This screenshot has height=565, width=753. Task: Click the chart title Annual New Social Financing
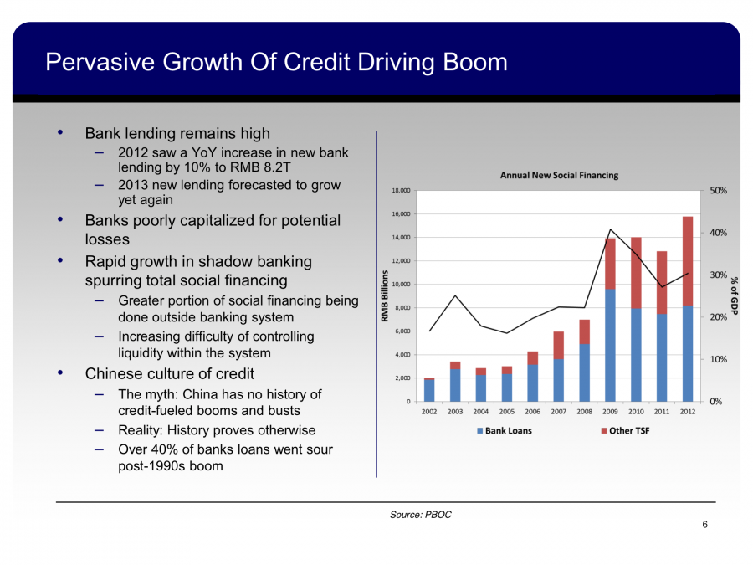pyautogui.click(x=559, y=175)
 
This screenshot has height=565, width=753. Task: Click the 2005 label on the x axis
pyautogui.click(x=506, y=411)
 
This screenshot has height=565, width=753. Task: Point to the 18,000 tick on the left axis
pyautogui.click(x=400, y=191)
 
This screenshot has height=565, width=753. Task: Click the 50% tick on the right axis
pyautogui.click(x=719, y=191)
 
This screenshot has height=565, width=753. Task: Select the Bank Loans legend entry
pyautogui.click(x=505, y=430)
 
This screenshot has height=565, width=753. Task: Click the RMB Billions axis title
pyautogui.click(x=386, y=296)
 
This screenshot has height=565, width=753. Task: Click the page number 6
pyautogui.click(x=705, y=525)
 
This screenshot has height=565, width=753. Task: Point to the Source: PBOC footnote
pyautogui.click(x=420, y=515)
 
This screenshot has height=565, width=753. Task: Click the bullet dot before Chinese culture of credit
pyautogui.click(x=59, y=373)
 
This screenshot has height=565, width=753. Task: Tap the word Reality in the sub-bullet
pyautogui.click(x=143, y=430)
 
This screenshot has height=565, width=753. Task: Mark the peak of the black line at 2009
pyautogui.click(x=611, y=229)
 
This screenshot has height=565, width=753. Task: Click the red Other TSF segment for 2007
pyautogui.click(x=558, y=346)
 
